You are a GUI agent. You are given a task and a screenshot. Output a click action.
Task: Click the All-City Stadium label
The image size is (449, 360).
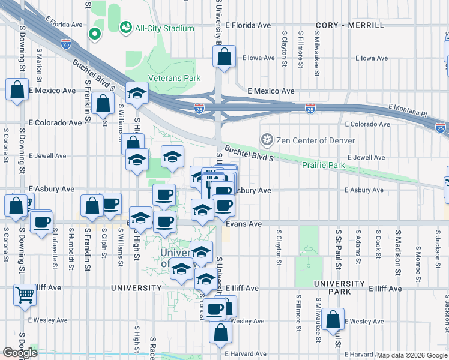[164, 28]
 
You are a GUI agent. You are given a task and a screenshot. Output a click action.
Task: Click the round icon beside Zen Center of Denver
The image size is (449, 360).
[267, 140]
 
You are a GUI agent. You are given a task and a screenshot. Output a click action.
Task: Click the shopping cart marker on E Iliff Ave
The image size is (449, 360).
[25, 295]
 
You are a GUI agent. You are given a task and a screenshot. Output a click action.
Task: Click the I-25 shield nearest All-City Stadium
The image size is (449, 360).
[65, 44]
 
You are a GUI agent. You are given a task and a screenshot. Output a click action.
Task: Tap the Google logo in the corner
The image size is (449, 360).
[20, 353]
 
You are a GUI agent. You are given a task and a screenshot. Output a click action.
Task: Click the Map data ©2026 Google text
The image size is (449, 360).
[411, 355]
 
